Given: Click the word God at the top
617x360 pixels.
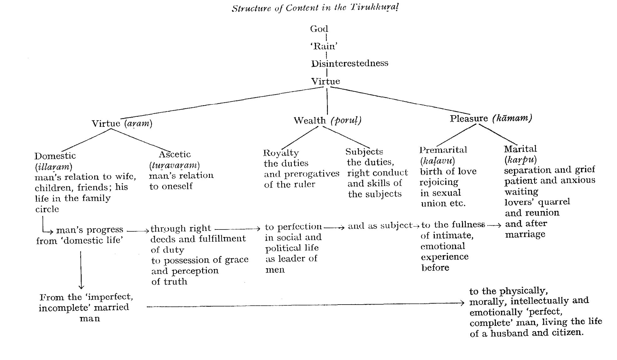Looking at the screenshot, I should (x=319, y=29).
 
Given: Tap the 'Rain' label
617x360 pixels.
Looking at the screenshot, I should (x=324, y=46).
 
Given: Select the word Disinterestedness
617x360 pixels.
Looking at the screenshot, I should (x=349, y=63).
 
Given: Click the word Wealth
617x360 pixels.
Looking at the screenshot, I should (x=309, y=121).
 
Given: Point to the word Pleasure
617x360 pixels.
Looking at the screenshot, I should (x=469, y=119).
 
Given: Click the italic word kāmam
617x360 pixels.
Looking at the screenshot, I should (x=512, y=118).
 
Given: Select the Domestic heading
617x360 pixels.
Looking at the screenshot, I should (x=55, y=156).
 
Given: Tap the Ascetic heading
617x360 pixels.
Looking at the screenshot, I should (x=175, y=154).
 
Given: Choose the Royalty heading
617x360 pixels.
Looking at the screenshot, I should (x=281, y=153).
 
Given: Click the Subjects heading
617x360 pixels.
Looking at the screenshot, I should (x=364, y=152).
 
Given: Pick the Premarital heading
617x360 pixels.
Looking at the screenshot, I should (x=443, y=150).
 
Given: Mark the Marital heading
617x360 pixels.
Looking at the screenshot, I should (x=520, y=149).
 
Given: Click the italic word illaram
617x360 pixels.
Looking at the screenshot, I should (x=54, y=167).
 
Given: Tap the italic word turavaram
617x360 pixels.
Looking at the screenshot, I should (x=174, y=165).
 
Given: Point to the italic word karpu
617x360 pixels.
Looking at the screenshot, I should (x=520, y=160).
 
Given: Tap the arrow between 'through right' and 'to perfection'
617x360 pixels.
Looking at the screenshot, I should (x=237, y=229).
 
